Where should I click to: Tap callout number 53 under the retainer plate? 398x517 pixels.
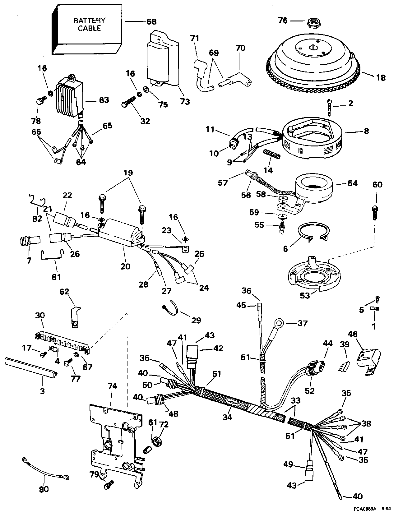(305, 295)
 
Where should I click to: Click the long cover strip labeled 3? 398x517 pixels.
(31, 368)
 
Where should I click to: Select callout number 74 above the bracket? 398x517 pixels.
(112, 386)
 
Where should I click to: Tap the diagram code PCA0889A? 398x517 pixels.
(364, 509)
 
